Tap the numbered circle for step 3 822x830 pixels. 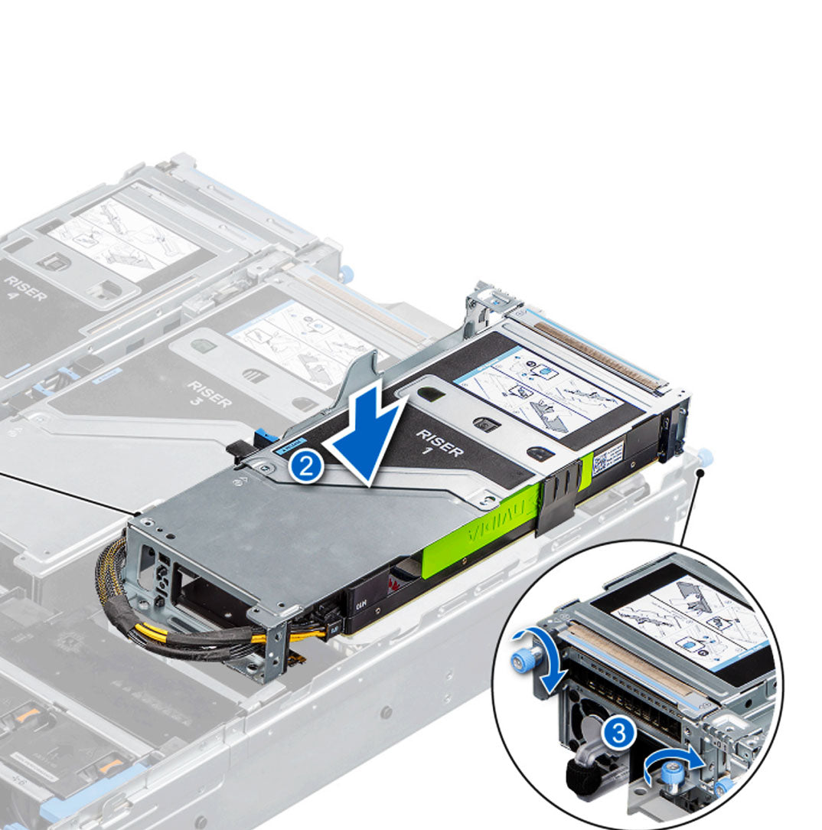click(x=618, y=734)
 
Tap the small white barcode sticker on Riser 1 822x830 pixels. click(x=609, y=457)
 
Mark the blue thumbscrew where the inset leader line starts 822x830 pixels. click(x=705, y=458)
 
